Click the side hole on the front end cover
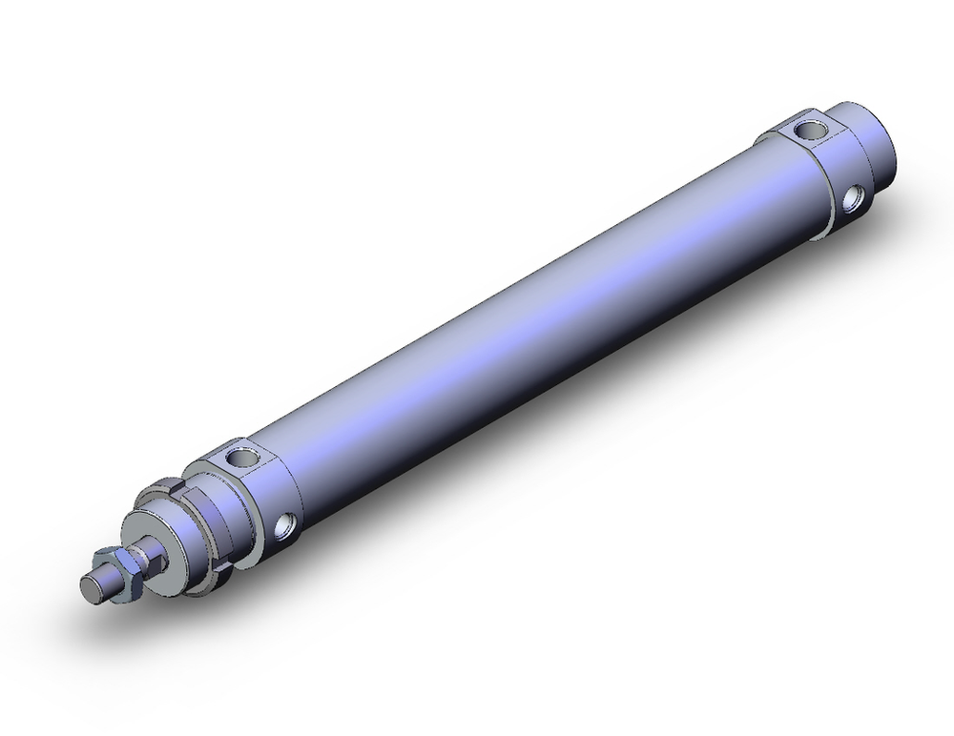284,524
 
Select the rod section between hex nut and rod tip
107,578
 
